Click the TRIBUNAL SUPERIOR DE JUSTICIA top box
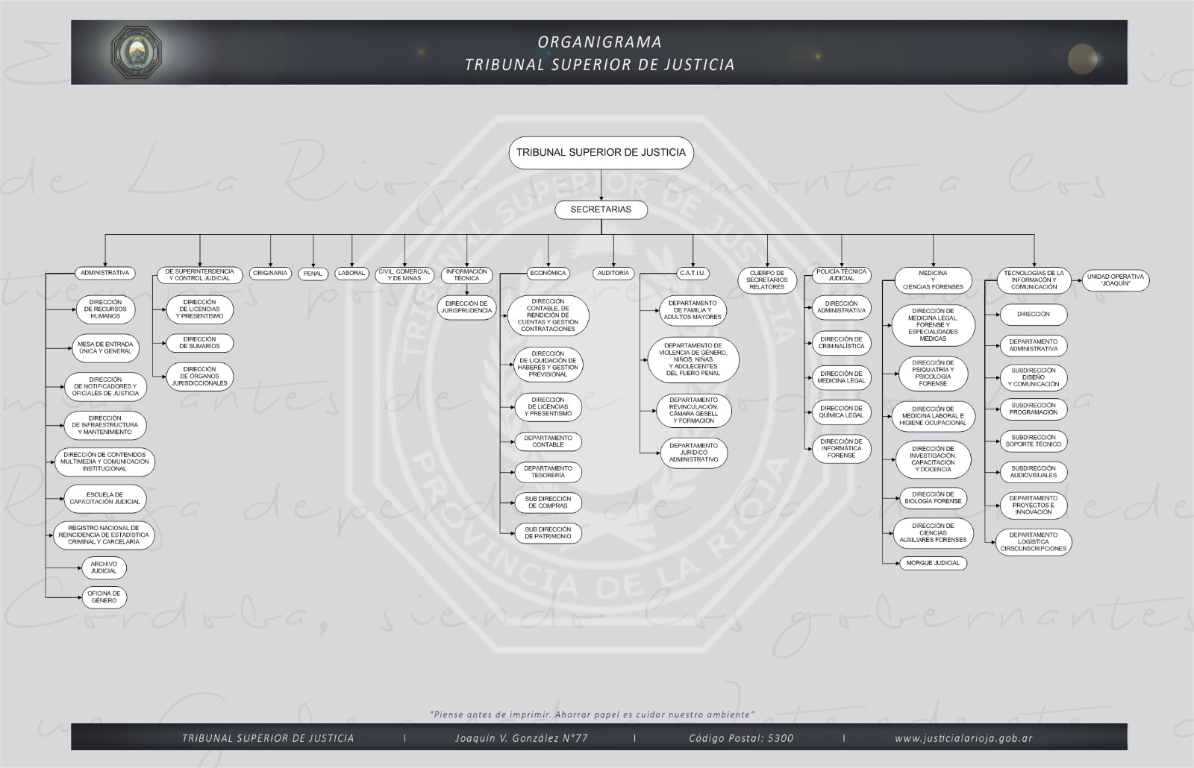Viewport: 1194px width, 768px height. coord(601,153)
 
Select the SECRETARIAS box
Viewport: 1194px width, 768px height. coord(601,210)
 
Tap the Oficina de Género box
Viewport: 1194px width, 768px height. coord(104,597)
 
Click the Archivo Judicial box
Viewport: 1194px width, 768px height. coord(104,568)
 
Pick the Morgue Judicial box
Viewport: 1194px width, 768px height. coord(933,563)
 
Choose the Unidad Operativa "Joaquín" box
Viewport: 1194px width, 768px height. coord(1115,280)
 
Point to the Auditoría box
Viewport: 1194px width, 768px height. coord(613,274)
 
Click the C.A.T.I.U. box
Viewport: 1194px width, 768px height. coord(693,274)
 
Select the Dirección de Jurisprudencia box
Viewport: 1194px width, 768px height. coord(466,307)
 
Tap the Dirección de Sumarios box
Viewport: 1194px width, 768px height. coord(199,343)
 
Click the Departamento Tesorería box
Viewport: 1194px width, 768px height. coord(548,472)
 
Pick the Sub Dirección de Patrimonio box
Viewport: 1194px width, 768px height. coord(548,533)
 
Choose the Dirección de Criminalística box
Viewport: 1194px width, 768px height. coord(841,343)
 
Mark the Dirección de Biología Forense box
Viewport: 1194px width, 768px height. coord(933,497)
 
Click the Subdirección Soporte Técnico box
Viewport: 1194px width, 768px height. coord(1034,441)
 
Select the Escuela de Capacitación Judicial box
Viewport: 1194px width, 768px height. coord(105,498)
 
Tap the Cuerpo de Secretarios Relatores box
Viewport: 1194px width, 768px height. coord(767,280)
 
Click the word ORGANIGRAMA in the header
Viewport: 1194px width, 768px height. coord(599,43)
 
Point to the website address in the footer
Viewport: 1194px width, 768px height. coord(963,738)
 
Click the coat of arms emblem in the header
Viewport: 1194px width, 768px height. coord(137,51)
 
